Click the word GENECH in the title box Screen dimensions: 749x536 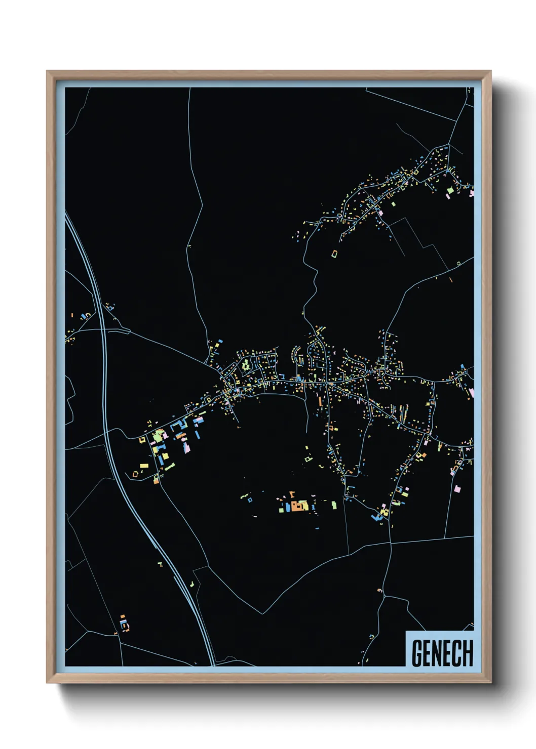[442, 653]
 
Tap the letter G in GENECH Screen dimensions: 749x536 [417, 653]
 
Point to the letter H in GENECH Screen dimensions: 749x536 [468, 653]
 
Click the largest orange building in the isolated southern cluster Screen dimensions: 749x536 [294, 506]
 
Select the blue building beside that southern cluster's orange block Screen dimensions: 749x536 [288, 507]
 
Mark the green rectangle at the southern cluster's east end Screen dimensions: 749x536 [334, 505]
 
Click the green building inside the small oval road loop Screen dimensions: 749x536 [246, 364]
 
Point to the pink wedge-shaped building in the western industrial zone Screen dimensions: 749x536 [187, 448]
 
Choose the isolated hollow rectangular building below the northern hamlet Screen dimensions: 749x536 [334, 253]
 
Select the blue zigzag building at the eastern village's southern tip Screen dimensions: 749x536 [376, 517]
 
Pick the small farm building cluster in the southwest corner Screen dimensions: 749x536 [124, 623]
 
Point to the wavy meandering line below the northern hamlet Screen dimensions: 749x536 [310, 283]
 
